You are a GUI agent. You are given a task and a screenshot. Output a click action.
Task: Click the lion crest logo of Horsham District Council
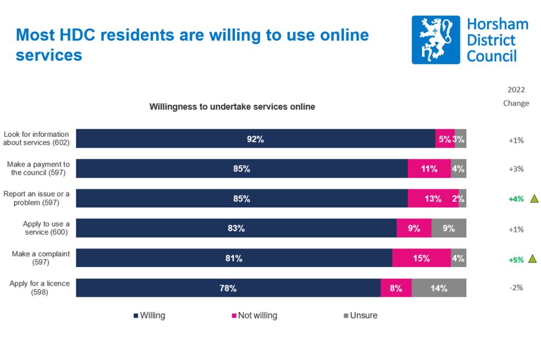click(x=436, y=39)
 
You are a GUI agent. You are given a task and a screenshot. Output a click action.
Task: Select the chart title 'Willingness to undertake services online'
click(x=232, y=107)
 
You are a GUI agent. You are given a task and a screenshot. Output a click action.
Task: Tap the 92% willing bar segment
click(x=255, y=139)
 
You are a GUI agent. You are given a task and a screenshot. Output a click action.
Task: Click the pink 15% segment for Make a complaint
click(x=421, y=258)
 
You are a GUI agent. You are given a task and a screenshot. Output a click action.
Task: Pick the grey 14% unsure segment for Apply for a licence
click(x=439, y=288)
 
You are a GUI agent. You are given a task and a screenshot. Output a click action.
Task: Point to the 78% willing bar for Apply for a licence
click(x=228, y=288)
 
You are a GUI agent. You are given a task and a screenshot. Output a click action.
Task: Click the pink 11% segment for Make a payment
click(x=429, y=169)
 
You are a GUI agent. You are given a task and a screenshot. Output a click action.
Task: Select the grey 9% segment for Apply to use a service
click(x=448, y=229)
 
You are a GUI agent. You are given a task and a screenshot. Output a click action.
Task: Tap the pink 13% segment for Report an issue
click(x=433, y=198)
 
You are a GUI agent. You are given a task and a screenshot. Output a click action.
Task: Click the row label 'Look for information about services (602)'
click(x=36, y=139)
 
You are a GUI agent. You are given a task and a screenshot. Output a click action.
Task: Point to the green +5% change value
click(x=516, y=259)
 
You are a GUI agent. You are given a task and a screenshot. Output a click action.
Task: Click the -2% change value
click(x=516, y=288)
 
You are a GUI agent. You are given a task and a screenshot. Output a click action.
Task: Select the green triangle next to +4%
click(x=534, y=198)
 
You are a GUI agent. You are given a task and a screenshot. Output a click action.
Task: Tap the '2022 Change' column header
click(x=516, y=96)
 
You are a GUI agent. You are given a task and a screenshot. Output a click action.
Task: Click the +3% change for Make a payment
click(x=516, y=169)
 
